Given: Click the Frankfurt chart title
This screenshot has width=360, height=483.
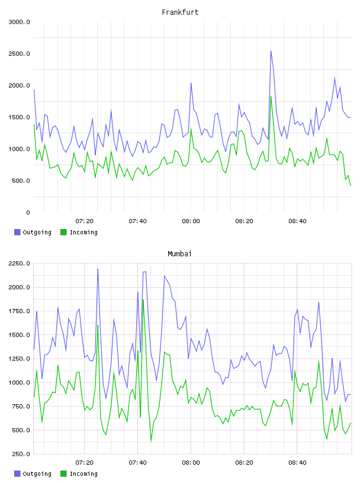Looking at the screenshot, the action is tap(180, 12).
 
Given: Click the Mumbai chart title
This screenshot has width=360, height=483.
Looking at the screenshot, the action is tap(179, 254).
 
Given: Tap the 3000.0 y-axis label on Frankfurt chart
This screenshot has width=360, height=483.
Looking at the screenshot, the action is tap(20, 22).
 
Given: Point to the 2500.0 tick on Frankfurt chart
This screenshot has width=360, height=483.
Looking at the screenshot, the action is tap(20, 54).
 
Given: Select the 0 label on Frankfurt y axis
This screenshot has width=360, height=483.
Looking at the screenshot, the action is tap(28, 212).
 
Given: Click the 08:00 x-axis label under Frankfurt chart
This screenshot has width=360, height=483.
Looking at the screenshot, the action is tap(191, 221).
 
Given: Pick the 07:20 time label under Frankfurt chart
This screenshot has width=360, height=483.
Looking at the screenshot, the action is tap(85, 221).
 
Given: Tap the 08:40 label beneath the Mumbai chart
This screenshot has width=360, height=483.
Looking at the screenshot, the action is tap(297, 462).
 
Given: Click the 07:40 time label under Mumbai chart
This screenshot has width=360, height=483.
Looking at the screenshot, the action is tap(137, 462).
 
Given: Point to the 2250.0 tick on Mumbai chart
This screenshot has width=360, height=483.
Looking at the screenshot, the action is tap(20, 263).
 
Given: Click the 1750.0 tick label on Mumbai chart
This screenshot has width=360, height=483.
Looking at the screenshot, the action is tap(20, 311).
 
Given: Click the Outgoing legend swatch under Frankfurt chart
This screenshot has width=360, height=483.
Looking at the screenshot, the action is tap(17, 232).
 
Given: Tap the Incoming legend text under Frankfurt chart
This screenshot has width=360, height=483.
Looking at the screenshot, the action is tap(83, 232).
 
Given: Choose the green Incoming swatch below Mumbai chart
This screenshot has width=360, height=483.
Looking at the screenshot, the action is tap(63, 474).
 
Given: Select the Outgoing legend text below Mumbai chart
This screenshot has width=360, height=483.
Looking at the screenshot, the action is tap(37, 474).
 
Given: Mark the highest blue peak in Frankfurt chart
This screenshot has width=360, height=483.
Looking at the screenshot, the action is tap(271, 51).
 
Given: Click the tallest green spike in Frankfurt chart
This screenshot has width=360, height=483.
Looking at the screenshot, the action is tap(271, 96).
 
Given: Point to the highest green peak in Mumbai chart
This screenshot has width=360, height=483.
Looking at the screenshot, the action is tap(143, 300).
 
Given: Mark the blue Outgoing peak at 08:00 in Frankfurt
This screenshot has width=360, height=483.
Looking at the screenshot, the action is tap(191, 83).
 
